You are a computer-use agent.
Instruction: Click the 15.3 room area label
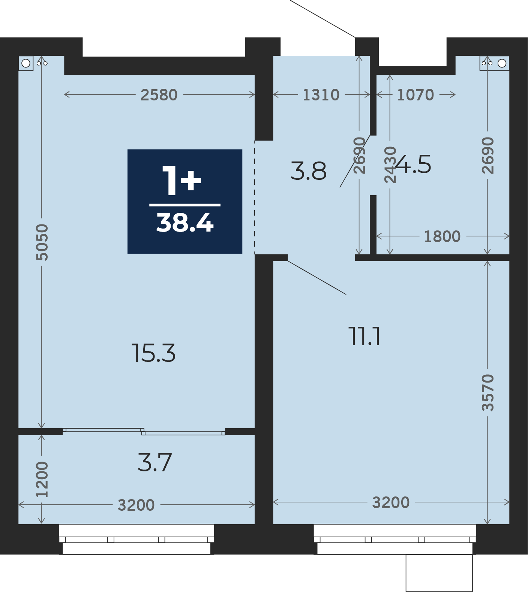(154, 353)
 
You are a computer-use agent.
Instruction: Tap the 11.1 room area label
(365, 336)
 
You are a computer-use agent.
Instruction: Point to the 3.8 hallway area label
(309, 171)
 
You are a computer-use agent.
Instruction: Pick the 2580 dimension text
(159, 95)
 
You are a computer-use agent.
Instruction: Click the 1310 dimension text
(321, 95)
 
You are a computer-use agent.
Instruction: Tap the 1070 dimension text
(415, 95)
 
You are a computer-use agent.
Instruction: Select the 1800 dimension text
(442, 236)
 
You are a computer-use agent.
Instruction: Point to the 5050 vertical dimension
(42, 242)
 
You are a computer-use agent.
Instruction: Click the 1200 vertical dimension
(42, 480)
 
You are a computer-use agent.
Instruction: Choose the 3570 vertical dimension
(488, 392)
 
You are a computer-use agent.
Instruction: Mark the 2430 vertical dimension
(390, 165)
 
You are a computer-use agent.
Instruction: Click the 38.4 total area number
(185, 223)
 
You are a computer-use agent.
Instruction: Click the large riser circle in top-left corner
(26, 63)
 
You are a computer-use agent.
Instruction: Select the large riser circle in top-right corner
(502, 63)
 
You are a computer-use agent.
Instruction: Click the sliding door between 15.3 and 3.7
(144, 432)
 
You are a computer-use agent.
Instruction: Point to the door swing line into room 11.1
(317, 277)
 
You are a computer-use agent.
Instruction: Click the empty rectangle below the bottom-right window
(439, 573)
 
